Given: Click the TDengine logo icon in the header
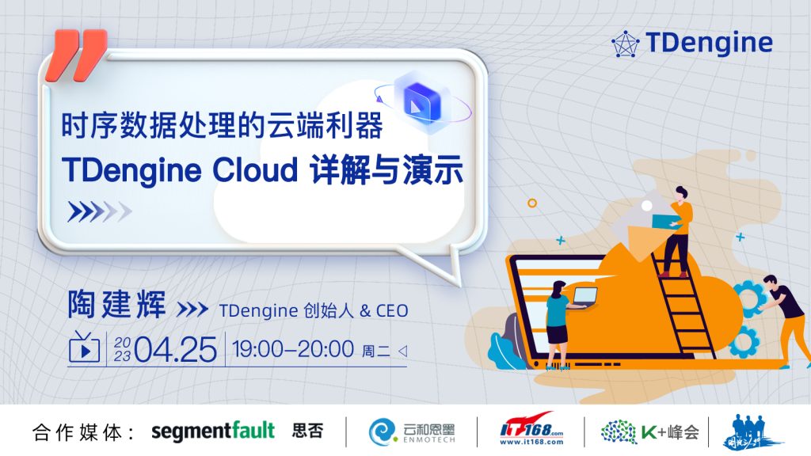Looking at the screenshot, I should (x=626, y=43).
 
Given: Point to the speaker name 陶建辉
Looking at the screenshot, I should (x=117, y=305).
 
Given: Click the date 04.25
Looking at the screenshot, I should (x=175, y=348).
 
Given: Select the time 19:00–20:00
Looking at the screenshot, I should (x=293, y=348).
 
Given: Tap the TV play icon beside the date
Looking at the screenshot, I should (x=83, y=348).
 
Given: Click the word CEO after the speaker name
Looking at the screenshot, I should (x=392, y=310).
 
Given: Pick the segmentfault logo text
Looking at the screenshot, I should (x=212, y=431).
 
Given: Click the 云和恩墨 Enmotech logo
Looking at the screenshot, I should (x=412, y=431).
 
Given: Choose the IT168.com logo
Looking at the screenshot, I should (x=531, y=431).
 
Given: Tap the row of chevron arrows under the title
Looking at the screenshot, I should (x=98, y=211).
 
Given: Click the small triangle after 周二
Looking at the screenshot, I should (x=402, y=349).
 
